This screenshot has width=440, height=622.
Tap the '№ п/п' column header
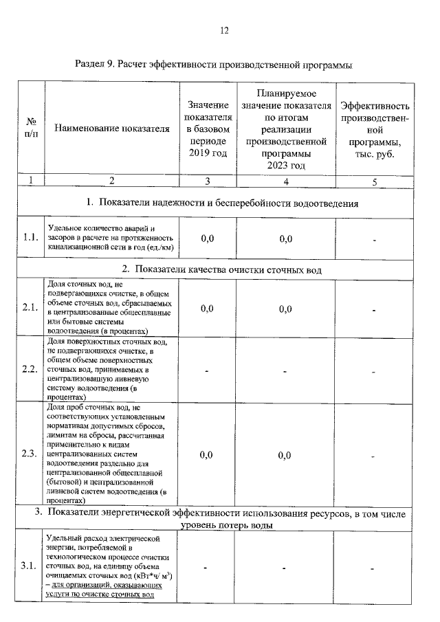pyautogui.click(x=30, y=128)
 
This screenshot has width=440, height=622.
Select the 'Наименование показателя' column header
pyautogui.click(x=111, y=128)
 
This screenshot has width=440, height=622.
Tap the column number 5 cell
pyautogui.click(x=375, y=181)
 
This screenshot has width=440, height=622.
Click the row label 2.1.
pyautogui.click(x=30, y=307)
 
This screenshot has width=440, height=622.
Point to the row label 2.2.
pyautogui.click(x=30, y=369)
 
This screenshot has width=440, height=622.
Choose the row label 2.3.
pyautogui.click(x=30, y=454)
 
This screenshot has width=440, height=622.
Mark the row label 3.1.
pyautogui.click(x=30, y=566)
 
